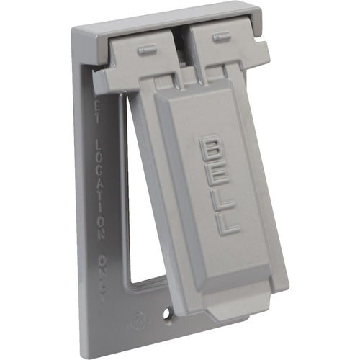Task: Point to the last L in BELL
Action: click(228, 225)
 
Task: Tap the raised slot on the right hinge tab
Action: click(217, 37)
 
